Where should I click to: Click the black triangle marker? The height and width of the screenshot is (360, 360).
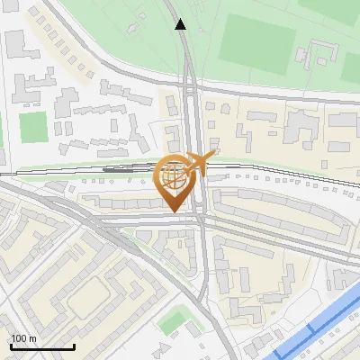tap(180, 24)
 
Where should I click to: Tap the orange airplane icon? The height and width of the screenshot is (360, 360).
tap(199, 164)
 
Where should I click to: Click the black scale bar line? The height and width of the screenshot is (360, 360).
tap(42, 346)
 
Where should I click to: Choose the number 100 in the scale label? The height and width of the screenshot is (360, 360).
tap(19, 338)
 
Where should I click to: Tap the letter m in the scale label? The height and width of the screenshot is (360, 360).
tap(32, 338)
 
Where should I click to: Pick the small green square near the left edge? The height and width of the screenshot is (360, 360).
tap(33, 127)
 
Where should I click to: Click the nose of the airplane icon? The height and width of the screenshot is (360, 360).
tap(215, 155)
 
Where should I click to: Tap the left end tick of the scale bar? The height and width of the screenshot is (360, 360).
tap(11, 346)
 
